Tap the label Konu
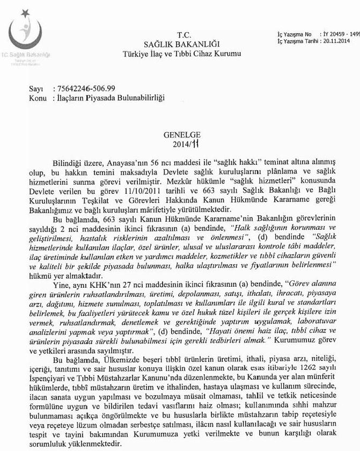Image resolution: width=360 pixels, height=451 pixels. click(38, 98)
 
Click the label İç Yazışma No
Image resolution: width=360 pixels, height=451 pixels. click(292, 34)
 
